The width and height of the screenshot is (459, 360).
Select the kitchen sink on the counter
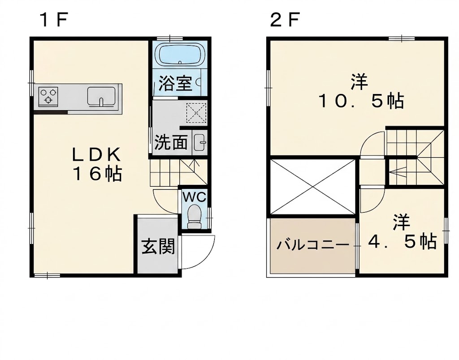point(101,96)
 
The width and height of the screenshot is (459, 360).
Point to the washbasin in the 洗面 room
point(200,142)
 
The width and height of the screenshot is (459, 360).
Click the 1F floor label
point(54,20)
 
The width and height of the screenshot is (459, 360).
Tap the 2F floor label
point(285,20)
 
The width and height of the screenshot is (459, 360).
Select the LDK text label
point(96,155)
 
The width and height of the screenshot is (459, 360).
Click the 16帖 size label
point(97,174)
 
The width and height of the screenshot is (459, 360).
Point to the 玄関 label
point(158,246)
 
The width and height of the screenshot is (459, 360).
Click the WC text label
point(195,197)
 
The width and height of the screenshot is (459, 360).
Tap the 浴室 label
point(175,83)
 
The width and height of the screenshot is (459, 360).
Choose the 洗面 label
point(171,142)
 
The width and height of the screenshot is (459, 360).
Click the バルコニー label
point(313,244)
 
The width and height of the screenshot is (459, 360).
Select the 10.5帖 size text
point(361,101)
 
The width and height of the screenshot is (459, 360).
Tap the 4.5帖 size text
point(402,241)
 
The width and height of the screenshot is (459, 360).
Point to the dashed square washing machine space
point(196,112)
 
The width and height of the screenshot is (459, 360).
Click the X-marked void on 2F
point(312,187)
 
